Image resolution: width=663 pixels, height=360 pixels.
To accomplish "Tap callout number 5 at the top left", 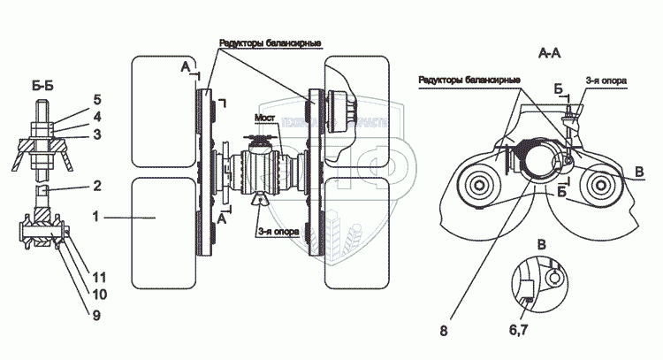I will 97,100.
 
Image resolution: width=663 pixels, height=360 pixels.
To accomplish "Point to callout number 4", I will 97,115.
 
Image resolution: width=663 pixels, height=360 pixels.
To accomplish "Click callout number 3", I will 97,134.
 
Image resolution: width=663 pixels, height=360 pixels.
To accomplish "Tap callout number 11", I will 99,276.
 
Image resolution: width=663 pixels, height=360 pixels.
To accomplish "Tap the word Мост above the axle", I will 265,118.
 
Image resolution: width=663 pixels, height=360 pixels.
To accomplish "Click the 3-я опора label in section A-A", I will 606,80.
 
